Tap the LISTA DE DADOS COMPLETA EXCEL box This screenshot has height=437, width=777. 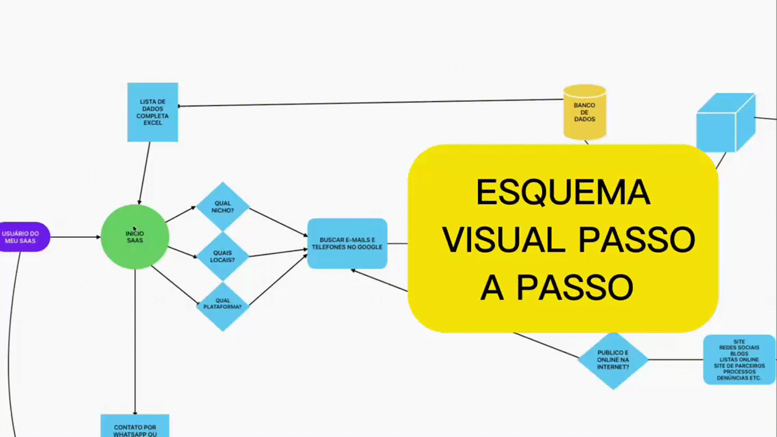153,112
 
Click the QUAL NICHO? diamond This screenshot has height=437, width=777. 223,207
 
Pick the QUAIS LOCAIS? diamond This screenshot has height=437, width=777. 223,256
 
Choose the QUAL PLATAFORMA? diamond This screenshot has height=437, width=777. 223,305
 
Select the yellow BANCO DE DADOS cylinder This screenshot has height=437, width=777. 585,112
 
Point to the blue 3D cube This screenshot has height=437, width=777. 724,124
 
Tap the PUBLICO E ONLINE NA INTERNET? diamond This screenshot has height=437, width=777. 613,360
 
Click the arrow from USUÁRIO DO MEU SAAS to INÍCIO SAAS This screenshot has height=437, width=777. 75,237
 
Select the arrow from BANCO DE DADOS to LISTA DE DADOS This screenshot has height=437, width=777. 362,103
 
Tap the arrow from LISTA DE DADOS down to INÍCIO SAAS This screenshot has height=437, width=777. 144,173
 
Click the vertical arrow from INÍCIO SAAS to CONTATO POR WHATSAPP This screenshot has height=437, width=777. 135,341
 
